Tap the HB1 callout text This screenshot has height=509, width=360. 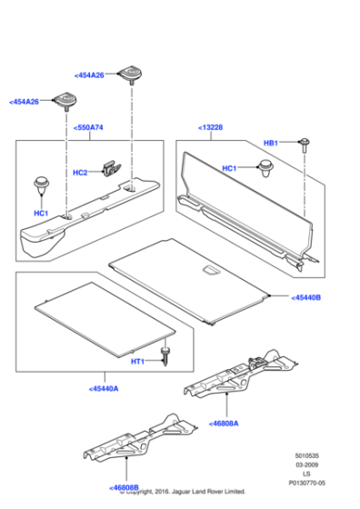coord(271,144)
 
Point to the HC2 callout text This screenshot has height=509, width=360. coord(80,173)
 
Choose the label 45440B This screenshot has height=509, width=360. coord(306,297)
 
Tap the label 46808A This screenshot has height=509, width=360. coord(225,424)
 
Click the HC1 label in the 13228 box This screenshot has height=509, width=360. coord(230,168)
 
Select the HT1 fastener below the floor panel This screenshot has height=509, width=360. coord(165,354)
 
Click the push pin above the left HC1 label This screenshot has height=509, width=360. coord(41,185)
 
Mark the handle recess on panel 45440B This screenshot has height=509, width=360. coord(209,269)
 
